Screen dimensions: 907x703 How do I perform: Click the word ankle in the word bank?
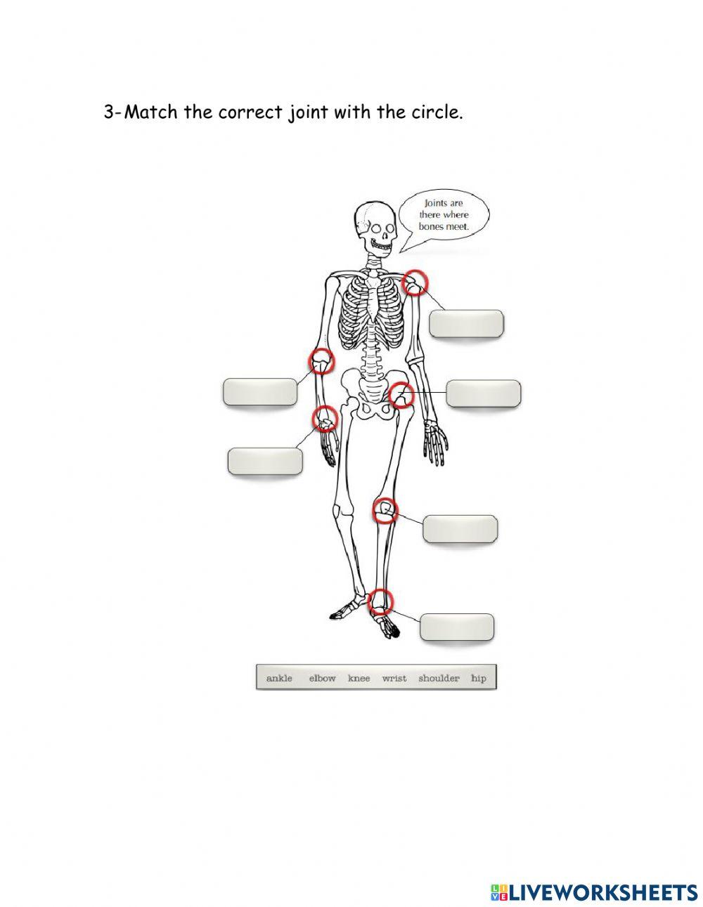click(279, 678)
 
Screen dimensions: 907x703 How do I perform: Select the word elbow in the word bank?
click(322, 678)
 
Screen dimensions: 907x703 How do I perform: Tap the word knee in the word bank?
click(359, 678)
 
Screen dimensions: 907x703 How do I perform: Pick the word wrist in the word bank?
click(394, 678)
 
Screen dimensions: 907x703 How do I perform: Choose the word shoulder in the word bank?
click(439, 678)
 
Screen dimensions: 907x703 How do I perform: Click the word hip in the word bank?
click(479, 678)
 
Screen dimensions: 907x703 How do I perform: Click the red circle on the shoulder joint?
click(415, 282)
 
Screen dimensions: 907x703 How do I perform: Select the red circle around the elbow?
click(322, 361)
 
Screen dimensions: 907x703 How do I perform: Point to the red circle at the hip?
click(401, 394)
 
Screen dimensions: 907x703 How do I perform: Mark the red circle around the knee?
click(385, 510)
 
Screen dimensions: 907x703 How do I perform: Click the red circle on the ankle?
click(380, 601)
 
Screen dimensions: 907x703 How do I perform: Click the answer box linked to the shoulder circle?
click(466, 324)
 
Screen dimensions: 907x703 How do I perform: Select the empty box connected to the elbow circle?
click(260, 392)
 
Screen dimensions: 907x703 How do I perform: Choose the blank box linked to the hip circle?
click(484, 393)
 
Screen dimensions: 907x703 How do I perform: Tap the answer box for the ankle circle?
click(457, 627)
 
